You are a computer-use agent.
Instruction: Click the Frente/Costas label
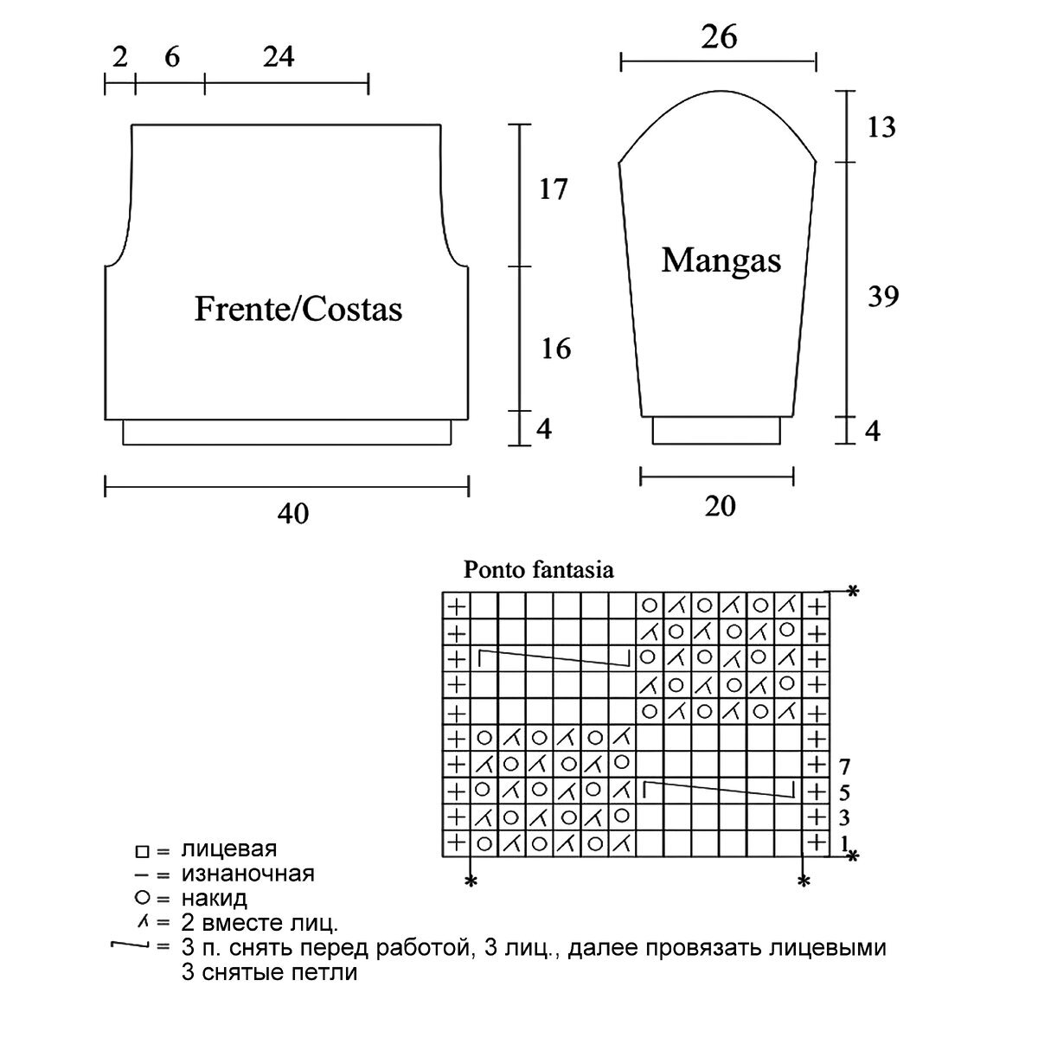pos(298,309)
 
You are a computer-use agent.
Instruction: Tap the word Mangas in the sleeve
pos(721,259)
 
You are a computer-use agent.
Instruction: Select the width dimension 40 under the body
pos(293,514)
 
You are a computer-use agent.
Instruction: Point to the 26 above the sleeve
pos(720,38)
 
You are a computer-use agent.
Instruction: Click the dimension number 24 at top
pos(279,56)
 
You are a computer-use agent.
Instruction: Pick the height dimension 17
pos(553,188)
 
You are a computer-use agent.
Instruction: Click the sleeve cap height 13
pos(881,128)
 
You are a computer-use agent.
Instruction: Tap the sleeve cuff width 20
pos(720,505)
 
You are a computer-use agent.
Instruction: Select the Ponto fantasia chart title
pos(539,570)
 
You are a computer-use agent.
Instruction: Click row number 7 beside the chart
pos(844,766)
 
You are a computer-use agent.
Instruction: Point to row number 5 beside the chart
pos(844,792)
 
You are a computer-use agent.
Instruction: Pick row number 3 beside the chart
pos(844,818)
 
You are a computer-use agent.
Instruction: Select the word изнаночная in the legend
pos(248,873)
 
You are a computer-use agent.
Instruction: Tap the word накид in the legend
pos(215,897)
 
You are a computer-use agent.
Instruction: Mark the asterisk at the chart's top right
pos(852,593)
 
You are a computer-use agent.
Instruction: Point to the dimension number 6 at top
pos(171,56)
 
